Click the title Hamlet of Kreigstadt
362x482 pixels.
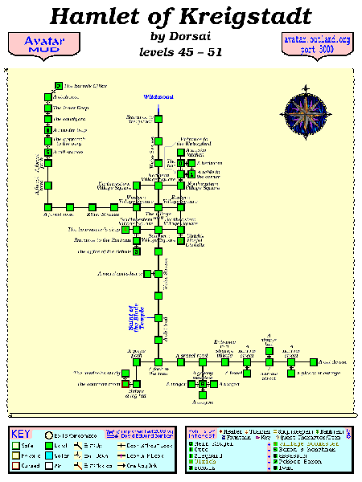pos(180,16)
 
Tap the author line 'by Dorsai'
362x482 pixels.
pos(180,37)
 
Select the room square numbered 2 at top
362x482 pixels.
pos(59,86)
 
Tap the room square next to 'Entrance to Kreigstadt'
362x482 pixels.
pos(159,120)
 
